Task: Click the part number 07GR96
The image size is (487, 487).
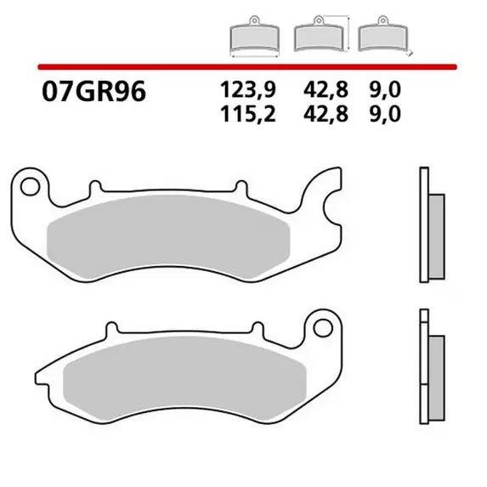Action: (x=93, y=92)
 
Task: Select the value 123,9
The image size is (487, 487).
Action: (x=248, y=90)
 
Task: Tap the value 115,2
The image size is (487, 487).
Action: (x=248, y=114)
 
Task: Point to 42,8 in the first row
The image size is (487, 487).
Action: (x=326, y=90)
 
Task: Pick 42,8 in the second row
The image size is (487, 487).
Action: (x=326, y=114)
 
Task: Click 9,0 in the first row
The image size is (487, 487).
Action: (x=385, y=90)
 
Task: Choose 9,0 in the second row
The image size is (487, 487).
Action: (x=385, y=114)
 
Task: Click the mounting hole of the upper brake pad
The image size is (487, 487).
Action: (x=30, y=186)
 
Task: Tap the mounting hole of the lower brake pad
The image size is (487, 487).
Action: (x=323, y=328)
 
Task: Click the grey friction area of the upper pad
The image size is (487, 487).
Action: (x=168, y=236)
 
